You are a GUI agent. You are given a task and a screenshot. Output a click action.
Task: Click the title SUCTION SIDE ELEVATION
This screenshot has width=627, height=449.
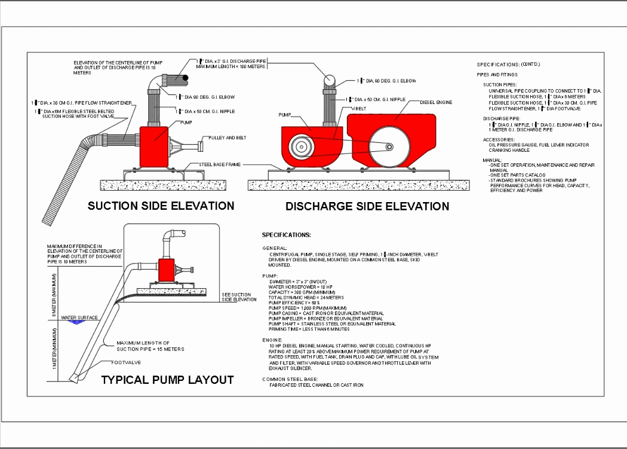tap(161, 206)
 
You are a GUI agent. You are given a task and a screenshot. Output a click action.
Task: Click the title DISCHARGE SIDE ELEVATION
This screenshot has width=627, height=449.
tap(367, 206)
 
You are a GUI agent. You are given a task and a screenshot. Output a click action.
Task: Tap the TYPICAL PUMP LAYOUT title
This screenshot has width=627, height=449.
tap(167, 380)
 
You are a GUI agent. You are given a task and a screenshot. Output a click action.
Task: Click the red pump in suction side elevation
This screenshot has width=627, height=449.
tap(155, 146)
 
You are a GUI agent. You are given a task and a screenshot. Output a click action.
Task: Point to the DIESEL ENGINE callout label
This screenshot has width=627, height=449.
tap(437, 102)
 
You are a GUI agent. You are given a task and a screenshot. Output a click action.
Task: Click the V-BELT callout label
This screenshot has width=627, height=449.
tap(358, 108)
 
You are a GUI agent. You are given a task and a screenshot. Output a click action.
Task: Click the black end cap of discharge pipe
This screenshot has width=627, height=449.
tap(186, 78)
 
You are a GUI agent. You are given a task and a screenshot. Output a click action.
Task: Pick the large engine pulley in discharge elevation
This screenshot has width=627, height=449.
tap(388, 147)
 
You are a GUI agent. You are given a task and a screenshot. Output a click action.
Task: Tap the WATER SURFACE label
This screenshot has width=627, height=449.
tap(79, 317)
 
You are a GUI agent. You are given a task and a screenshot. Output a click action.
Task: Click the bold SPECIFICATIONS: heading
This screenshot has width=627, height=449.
tap(287, 235)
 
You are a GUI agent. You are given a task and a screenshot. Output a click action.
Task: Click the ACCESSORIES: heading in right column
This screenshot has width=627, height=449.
tap(499, 139)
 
